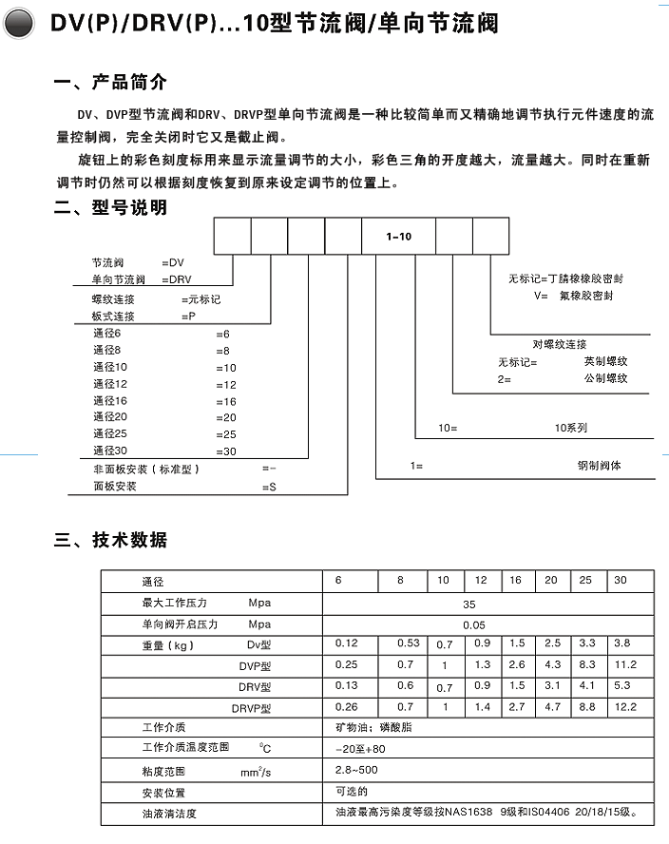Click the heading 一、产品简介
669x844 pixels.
point(110,84)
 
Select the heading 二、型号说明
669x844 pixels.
point(110,207)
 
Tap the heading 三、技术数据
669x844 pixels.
point(110,540)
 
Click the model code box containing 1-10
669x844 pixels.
point(398,237)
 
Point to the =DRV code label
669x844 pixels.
point(177,279)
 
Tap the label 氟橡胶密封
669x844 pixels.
point(586,297)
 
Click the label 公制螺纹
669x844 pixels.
point(605,378)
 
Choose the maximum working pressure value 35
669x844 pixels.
point(468,604)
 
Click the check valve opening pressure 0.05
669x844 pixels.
point(473,624)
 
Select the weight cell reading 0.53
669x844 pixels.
point(408,643)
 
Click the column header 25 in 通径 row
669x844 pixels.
point(586,581)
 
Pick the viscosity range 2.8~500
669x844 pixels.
point(357,770)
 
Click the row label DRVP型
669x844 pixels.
point(251,708)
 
